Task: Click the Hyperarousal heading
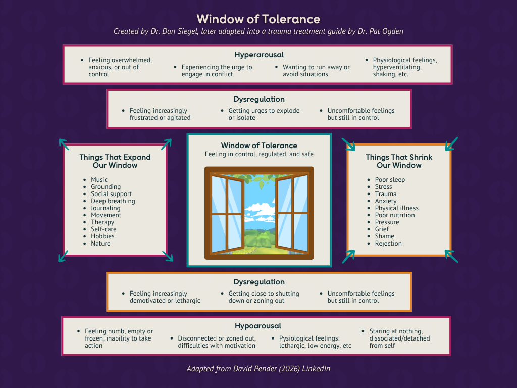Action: coord(259,55)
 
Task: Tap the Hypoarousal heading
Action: coord(258,326)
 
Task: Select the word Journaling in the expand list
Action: coord(106,208)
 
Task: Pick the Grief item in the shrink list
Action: coord(382,229)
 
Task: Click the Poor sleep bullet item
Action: coord(390,180)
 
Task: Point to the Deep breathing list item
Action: coord(113,201)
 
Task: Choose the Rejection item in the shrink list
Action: coord(388,244)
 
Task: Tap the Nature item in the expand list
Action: coord(100,244)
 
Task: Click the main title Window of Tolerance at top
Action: coord(258,19)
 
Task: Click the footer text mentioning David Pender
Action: coord(258,369)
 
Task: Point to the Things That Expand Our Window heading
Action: coord(115,161)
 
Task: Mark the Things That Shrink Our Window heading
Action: coord(399,161)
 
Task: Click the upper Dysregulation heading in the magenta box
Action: coord(259,100)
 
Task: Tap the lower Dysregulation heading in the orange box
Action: coord(259,282)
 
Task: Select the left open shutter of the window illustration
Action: coord(227,213)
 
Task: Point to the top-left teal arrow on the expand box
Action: coord(64,144)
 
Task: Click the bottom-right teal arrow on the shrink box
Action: coord(451,256)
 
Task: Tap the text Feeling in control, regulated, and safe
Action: coord(259,154)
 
